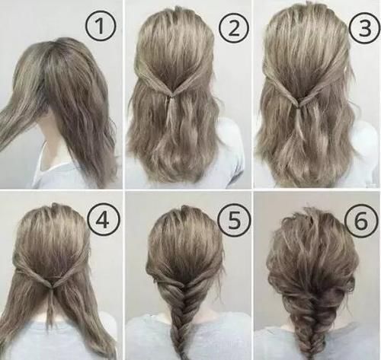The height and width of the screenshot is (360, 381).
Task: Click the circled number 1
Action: [101, 26]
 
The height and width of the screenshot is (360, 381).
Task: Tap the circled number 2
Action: [234, 27]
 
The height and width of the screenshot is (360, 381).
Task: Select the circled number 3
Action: [364, 27]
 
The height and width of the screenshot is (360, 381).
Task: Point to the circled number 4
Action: [102, 220]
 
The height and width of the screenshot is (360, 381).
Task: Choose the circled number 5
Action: [234, 221]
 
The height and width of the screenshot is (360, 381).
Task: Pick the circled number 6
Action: [362, 220]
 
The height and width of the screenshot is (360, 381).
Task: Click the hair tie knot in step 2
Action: [172, 97]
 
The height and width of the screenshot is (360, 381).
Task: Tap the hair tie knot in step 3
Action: [299, 107]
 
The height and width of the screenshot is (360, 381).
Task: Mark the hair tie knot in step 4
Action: [53, 286]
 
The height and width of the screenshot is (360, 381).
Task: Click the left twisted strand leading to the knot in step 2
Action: [152, 81]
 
